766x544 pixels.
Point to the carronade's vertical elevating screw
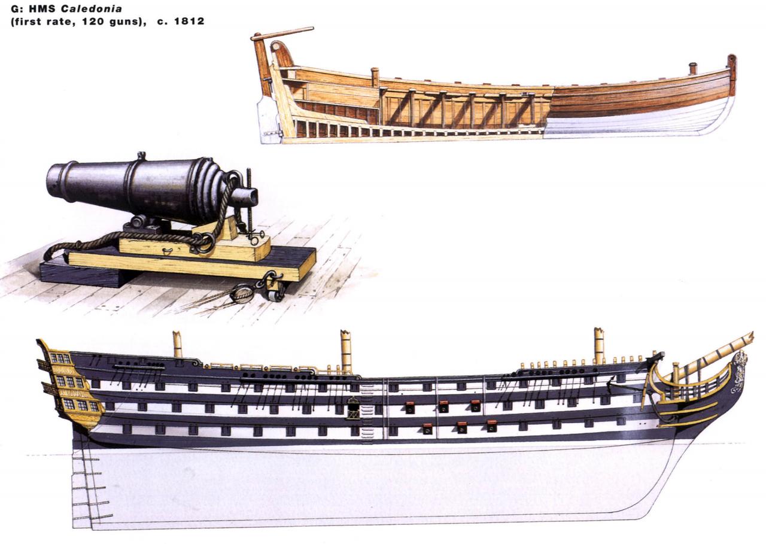[x=250, y=203]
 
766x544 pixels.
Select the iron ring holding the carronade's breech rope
[x=206, y=242]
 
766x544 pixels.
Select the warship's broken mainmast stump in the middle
[x=346, y=350]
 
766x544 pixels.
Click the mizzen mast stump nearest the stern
[x=177, y=344]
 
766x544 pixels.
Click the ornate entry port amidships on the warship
[x=353, y=408]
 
